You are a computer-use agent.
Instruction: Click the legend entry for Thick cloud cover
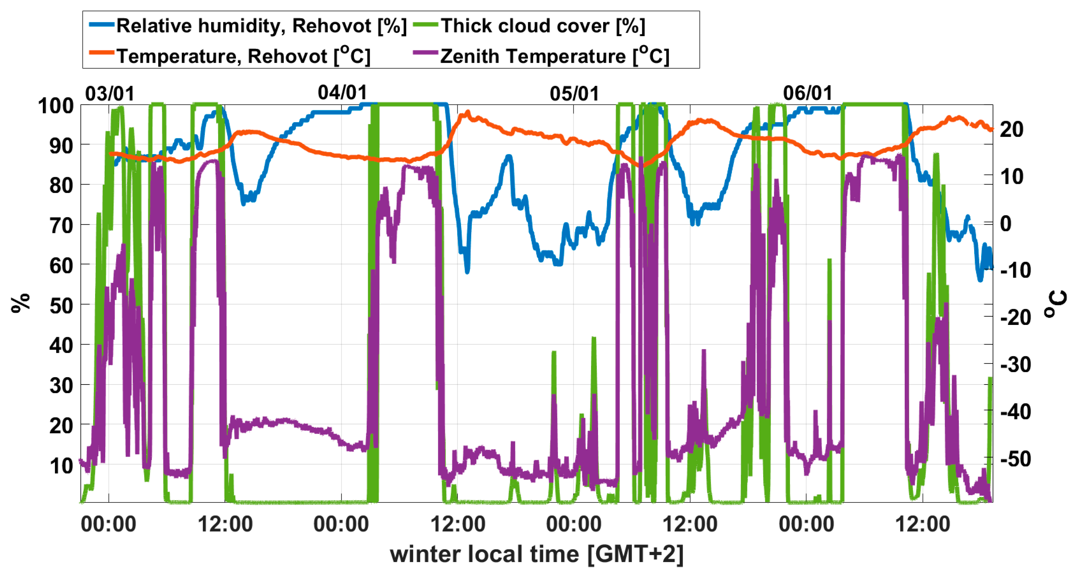coord(543,26)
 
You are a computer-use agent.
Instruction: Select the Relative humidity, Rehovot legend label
coord(261,26)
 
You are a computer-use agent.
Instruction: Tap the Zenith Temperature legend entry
coord(554,56)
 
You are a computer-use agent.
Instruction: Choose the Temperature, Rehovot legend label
coord(243,56)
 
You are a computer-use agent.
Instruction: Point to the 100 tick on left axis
coord(55,106)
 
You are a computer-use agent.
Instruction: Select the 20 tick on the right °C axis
coord(1012,129)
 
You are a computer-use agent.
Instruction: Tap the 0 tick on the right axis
coord(1006,224)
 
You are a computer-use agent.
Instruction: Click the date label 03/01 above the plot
coord(110,94)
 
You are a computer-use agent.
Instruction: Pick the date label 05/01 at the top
coord(574,94)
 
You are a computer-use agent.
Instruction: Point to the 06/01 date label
coord(807,93)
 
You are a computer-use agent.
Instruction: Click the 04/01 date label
coord(342,92)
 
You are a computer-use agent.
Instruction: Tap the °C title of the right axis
coord(1055,304)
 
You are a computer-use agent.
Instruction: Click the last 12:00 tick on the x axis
coord(922,524)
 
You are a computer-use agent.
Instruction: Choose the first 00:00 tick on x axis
coord(108,524)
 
